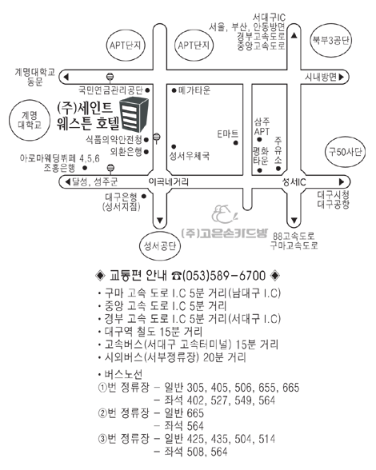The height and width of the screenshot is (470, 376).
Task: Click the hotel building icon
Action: [x=134, y=115]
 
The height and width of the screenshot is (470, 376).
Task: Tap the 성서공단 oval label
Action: [x=160, y=246]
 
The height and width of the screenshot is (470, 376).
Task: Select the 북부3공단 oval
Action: [x=330, y=40]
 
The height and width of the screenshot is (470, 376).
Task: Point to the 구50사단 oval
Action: [x=345, y=152]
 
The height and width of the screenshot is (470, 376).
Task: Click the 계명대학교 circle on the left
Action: [x=29, y=120]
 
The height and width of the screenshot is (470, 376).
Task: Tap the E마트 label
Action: [x=228, y=133]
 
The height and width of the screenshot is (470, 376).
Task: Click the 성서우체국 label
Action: [x=190, y=156]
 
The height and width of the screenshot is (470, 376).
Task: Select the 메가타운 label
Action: [x=194, y=90]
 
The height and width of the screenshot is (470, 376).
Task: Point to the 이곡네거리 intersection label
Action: [x=169, y=181]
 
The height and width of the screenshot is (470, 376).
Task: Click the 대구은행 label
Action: [x=122, y=197]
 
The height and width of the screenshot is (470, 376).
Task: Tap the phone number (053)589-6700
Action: [x=224, y=276]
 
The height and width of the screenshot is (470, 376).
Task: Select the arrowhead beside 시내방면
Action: [x=342, y=77]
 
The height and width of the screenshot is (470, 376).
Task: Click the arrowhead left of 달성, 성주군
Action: [x=67, y=181]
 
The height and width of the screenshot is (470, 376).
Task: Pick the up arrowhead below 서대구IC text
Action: [x=294, y=36]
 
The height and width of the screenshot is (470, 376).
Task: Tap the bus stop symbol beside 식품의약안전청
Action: [x=157, y=138]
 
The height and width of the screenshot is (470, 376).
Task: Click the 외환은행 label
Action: [x=126, y=152]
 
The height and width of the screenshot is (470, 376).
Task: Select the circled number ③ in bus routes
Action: [x=102, y=439]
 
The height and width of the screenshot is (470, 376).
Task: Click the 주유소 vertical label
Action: [x=278, y=150]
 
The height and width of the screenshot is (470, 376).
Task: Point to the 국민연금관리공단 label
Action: [x=110, y=90]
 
